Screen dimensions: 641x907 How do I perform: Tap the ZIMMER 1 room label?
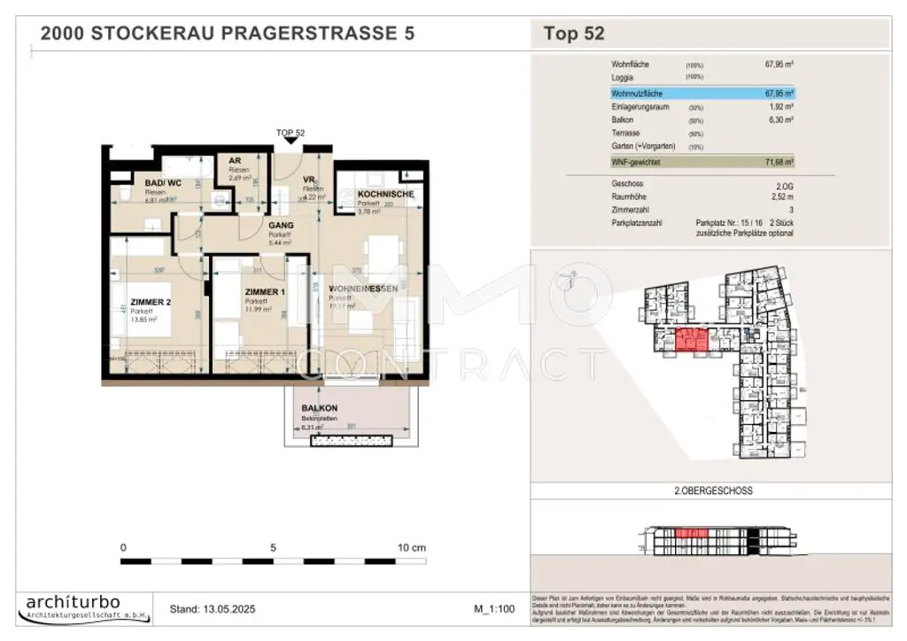265,292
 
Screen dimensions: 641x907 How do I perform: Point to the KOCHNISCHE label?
385,194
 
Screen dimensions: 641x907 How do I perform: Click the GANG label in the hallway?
281,226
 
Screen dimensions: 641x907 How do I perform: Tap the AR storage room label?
235,161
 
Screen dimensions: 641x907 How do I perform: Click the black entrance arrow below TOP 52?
290,141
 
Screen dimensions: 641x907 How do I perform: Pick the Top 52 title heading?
573,35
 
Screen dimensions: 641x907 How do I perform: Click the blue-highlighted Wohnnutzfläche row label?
637,92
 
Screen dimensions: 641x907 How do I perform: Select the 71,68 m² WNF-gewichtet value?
779,163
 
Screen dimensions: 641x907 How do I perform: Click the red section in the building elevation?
686,534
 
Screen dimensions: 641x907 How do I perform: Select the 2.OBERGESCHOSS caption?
706,490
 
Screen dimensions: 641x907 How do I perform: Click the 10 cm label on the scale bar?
412,548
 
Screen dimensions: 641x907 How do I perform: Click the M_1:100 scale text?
495,609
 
